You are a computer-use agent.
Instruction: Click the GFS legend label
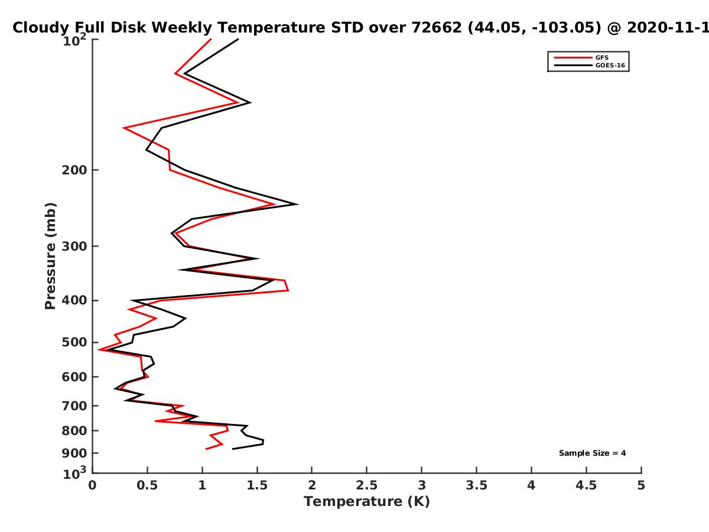pos(601,57)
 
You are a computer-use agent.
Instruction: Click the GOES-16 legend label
pos(610,65)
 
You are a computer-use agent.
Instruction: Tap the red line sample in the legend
pos(573,57)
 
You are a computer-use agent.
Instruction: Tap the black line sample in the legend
pos(573,65)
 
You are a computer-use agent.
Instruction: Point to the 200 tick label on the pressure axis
pos(74,170)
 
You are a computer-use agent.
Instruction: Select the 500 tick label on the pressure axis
pos(74,342)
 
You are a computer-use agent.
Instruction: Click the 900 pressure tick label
pos(74,453)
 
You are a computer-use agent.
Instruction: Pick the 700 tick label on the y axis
pos(74,406)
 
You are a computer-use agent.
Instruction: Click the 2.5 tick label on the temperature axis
pos(367,485)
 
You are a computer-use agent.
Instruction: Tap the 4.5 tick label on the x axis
pos(586,485)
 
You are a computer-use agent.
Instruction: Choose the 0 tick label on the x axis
pos(92,485)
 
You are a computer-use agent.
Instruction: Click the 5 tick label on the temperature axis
pos(641,485)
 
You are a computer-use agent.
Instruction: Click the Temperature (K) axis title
pos(367,502)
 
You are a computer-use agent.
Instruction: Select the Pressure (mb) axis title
pos(50,256)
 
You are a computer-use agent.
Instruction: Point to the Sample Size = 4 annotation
pos(593,453)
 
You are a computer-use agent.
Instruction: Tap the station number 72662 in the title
pos(437,27)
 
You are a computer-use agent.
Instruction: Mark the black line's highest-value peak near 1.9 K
pos(297,204)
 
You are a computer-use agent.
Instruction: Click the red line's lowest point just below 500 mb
pos(99,349)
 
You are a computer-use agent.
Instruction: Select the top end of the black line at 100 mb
pos(238,39)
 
